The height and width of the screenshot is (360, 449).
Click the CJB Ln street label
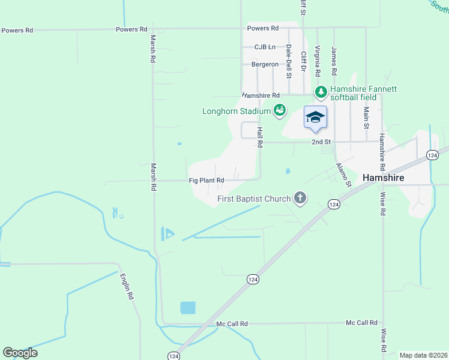click(x=265, y=47)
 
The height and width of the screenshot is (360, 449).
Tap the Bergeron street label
click(x=265, y=64)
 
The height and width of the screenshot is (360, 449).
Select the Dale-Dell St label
click(x=289, y=62)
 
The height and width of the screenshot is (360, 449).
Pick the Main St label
click(x=366, y=118)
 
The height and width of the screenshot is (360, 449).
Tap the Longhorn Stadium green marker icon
click(x=279, y=110)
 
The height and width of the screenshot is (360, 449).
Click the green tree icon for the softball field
click(x=322, y=92)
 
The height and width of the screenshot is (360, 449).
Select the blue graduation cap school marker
click(x=315, y=117)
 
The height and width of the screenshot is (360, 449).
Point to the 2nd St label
click(x=322, y=142)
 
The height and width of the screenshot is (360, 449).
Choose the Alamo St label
click(x=343, y=174)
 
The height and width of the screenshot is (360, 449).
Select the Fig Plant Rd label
click(x=206, y=180)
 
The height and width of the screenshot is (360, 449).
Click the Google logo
click(x=20, y=353)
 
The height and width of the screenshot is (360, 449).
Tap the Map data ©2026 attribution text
click(x=423, y=355)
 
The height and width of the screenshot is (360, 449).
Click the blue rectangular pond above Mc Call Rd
click(x=188, y=308)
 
